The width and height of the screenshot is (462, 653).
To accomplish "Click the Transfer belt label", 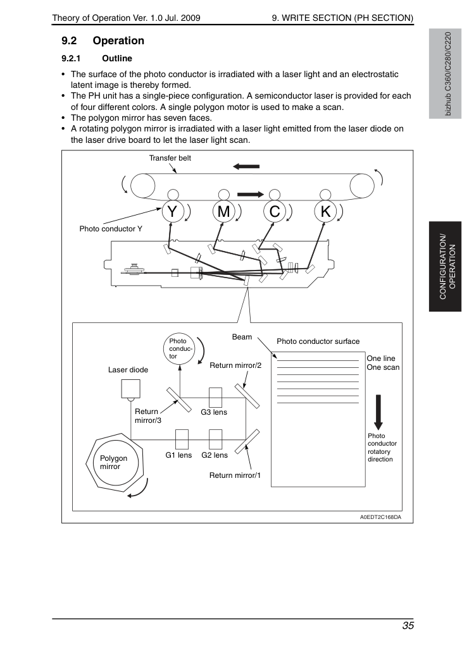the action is point(170,158).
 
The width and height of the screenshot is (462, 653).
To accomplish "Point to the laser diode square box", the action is point(130,388).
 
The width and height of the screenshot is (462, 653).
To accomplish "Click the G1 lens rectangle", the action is point(182,439).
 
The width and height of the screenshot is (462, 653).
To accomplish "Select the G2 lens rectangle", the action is point(216,439).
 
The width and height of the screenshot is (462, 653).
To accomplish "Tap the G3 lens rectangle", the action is point(216,398).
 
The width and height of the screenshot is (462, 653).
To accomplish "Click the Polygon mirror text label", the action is point(113,462).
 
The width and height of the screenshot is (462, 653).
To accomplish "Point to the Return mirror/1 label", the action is point(235,475).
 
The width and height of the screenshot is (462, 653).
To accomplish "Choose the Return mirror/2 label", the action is point(235,365).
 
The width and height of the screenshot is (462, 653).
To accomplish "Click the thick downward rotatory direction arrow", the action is point(378,412).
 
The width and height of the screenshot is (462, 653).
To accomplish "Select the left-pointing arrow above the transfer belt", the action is point(246,166).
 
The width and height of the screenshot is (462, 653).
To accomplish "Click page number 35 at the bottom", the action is point(408,626).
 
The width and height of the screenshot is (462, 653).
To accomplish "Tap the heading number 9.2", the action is point(69,40).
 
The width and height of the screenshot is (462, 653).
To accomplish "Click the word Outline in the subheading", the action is point(117,58).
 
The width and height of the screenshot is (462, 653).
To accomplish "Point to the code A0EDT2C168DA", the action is point(380,517).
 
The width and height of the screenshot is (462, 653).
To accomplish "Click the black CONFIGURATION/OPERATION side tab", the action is point(445,267).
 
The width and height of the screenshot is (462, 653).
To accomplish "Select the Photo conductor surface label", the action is point(318,341).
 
